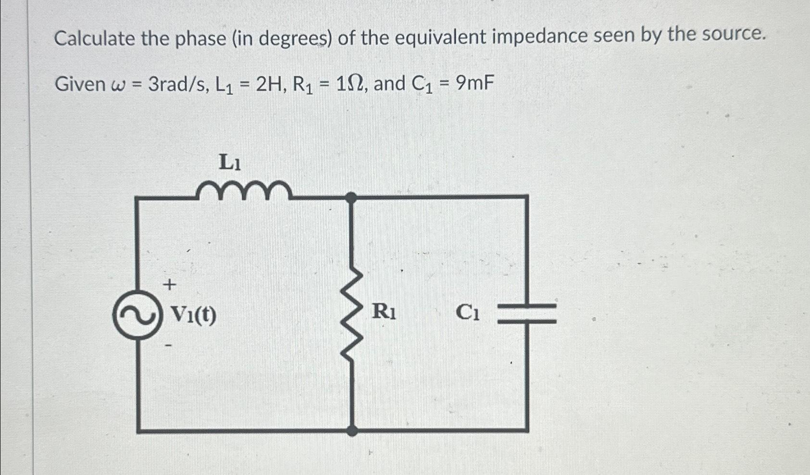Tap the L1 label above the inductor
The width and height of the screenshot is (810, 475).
230,162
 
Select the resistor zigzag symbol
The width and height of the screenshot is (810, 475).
352,313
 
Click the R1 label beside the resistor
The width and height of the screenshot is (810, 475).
384,312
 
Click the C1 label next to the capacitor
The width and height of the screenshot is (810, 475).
467,313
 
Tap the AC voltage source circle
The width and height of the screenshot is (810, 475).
136,315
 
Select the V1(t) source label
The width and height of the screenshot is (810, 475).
194,315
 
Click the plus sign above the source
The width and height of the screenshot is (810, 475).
169,285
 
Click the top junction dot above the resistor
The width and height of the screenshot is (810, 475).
352,196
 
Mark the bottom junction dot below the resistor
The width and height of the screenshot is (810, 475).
352,430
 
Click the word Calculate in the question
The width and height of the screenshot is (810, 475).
95,38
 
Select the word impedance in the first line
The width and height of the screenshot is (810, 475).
539,37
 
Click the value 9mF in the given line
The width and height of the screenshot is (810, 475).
474,84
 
